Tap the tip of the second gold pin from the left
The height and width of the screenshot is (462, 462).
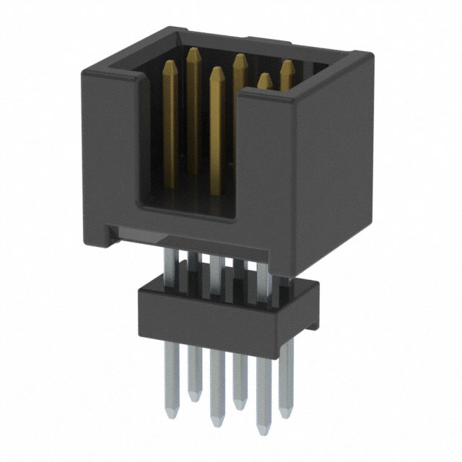click(193, 51)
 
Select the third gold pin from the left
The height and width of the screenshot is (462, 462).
click(215, 115)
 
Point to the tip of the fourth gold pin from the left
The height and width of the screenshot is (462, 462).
click(238, 57)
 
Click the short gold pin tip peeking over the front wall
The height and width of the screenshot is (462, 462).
click(265, 77)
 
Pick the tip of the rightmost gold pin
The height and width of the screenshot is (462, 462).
click(287, 64)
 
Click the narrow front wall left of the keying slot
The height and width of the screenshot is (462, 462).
click(108, 144)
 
